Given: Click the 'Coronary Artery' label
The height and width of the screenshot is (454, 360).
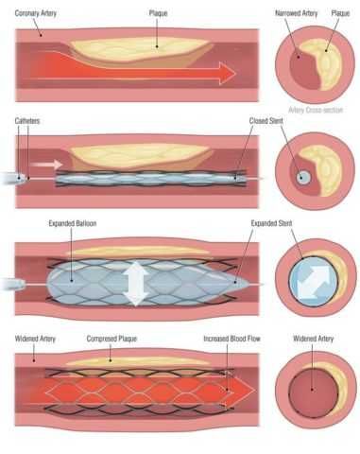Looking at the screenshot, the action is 36,13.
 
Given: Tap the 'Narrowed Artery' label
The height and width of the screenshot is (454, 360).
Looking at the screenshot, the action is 296,13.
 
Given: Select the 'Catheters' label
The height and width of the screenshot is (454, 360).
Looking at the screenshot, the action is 27,121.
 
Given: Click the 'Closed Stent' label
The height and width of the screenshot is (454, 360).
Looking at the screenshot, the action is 266,121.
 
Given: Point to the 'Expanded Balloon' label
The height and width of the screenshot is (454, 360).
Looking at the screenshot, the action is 73,223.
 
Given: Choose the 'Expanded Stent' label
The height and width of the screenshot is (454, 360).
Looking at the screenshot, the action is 271,223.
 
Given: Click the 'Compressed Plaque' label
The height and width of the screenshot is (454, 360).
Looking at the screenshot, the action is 111,339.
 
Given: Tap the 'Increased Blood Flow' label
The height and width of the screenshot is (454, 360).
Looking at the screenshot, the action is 231,339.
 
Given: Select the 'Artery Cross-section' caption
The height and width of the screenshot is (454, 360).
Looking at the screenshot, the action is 316,110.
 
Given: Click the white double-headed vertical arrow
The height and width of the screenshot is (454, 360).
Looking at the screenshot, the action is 135,283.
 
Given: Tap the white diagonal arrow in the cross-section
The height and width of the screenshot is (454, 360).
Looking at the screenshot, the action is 314,283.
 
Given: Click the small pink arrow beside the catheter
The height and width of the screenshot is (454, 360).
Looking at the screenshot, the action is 47,165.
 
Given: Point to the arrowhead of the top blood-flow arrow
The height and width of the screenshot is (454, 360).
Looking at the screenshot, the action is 228,74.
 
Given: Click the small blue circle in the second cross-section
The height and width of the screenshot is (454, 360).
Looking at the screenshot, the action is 303,178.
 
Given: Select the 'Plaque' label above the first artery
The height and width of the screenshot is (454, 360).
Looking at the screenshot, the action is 158,13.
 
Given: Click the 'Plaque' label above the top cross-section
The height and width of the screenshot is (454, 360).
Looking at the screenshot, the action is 340,13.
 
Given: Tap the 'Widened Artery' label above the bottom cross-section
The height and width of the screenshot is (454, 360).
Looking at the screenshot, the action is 313,339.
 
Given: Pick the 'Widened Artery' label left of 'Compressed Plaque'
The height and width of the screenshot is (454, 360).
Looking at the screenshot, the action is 35,339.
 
